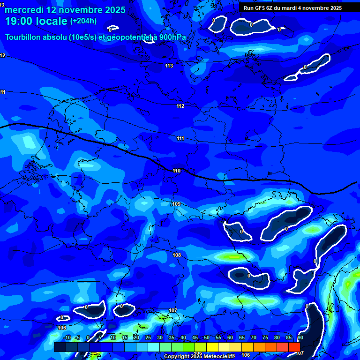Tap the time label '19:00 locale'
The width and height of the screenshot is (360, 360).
pyautogui.click(x=36, y=21)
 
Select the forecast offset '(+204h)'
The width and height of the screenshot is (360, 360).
pyautogui.click(x=83, y=21)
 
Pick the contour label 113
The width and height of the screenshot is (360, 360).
pyautogui.click(x=169, y=66)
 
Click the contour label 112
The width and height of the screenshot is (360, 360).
pyautogui.click(x=180, y=106)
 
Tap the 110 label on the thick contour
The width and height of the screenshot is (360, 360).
pyautogui.click(x=176, y=171)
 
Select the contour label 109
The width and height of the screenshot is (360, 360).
pyautogui.click(x=176, y=204)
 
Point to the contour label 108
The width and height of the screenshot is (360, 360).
pyautogui.click(x=177, y=255)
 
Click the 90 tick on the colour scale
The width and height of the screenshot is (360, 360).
pyautogui.click(x=300, y=337)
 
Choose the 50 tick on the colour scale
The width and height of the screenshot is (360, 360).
pyautogui.click(x=207, y=337)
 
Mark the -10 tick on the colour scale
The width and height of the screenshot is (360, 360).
pyautogui.click(x=66, y=337)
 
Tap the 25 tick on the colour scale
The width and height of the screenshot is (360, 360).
pyautogui.click(x=148, y=337)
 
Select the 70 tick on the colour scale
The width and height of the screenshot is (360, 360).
pyautogui.click(x=254, y=337)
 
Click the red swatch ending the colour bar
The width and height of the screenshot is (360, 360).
pyautogui.click(x=294, y=347)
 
